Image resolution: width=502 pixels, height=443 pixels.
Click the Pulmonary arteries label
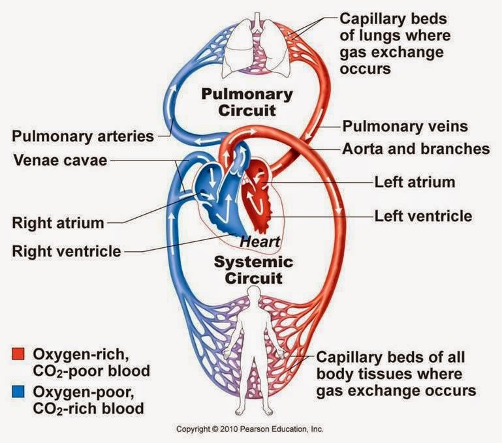82,137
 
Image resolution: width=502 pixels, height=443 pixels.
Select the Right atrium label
57,222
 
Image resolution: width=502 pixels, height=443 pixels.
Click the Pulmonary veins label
405,126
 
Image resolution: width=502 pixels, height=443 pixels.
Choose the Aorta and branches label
416,149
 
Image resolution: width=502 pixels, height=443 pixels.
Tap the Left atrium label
415,181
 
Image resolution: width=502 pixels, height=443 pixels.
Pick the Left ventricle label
423,214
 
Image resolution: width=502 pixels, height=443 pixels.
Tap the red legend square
18,355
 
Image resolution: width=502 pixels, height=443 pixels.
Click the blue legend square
18,393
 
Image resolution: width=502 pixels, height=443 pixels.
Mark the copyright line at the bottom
250,429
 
